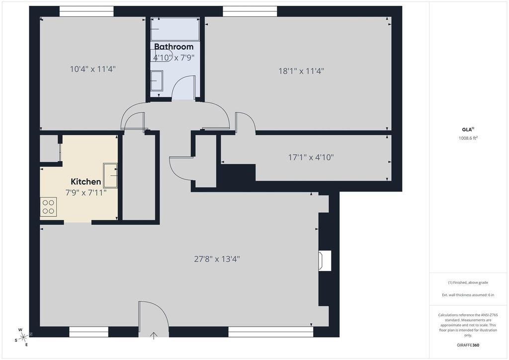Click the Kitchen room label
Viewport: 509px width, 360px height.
click(x=85, y=181)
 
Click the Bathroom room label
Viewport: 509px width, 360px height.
click(x=173, y=47)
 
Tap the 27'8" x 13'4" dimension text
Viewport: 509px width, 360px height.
click(x=217, y=259)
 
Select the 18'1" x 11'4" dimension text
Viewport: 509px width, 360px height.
click(x=301, y=71)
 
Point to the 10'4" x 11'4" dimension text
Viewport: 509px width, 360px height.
click(x=93, y=69)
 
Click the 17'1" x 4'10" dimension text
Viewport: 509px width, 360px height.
click(x=311, y=158)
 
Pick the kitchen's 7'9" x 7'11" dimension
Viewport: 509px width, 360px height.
click(x=86, y=193)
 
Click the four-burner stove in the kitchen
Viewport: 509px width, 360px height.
click(x=48, y=207)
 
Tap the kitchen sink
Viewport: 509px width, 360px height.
click(x=110, y=176)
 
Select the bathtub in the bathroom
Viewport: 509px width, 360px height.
click(x=175, y=29)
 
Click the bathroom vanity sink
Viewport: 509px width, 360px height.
click(x=157, y=81)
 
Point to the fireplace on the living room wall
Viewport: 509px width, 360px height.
click(x=325, y=261)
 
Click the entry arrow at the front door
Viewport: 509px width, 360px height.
click(x=154, y=335)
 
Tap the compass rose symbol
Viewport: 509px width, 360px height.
click(x=23, y=338)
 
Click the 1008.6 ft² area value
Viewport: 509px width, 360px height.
click(x=468, y=138)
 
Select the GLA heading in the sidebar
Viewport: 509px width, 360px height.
click(x=467, y=129)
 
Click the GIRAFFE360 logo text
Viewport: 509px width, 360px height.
click(x=468, y=345)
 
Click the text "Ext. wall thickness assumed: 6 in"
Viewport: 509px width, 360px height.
click(x=468, y=295)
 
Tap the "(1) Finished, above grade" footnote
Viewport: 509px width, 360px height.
click(x=468, y=283)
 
